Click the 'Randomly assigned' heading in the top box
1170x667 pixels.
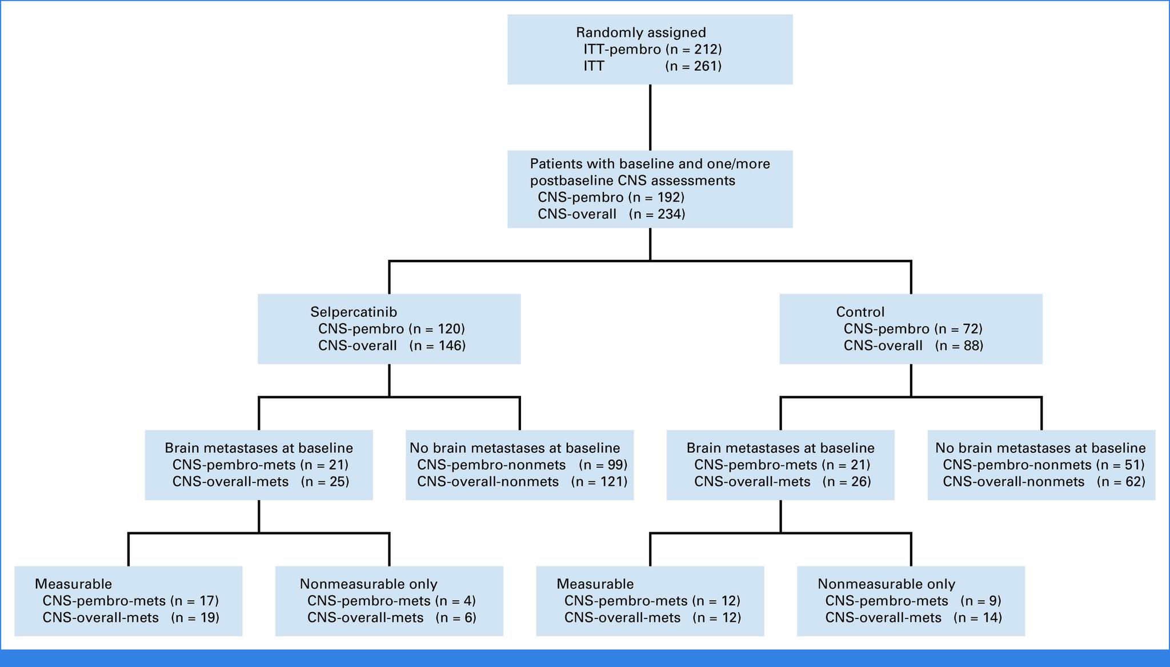pyautogui.click(x=641, y=33)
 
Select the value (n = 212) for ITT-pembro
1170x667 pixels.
pyautogui.click(x=694, y=49)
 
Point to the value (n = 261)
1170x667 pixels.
pyautogui.click(x=694, y=66)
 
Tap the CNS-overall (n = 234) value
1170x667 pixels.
pyautogui.click(x=657, y=214)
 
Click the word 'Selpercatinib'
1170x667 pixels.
pyautogui.click(x=354, y=312)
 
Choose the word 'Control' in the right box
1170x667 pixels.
pyautogui.click(x=860, y=312)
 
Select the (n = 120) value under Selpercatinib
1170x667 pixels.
pyautogui.click(x=436, y=329)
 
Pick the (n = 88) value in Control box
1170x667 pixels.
pyautogui.click(x=959, y=345)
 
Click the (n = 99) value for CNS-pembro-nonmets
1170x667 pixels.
pyautogui.click(x=603, y=465)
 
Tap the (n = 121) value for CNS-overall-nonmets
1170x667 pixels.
pyautogui.click(x=599, y=481)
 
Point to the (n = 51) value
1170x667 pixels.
pyautogui.click(x=1120, y=465)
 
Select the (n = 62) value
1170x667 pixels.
pyautogui.click(x=1121, y=481)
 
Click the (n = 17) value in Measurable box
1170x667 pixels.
pyautogui.click(x=195, y=601)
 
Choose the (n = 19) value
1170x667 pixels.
pyautogui.click(x=195, y=617)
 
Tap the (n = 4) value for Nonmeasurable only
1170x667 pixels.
pyautogui.click(x=455, y=601)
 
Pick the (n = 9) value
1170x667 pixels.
pyautogui.click(x=981, y=601)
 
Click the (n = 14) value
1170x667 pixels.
pyautogui.click(x=978, y=617)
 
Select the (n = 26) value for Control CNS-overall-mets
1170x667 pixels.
pyautogui.click(x=847, y=481)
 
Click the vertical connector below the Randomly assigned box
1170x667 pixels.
pyautogui.click(x=650, y=117)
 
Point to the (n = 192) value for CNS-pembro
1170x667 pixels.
pyautogui.click(x=656, y=198)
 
